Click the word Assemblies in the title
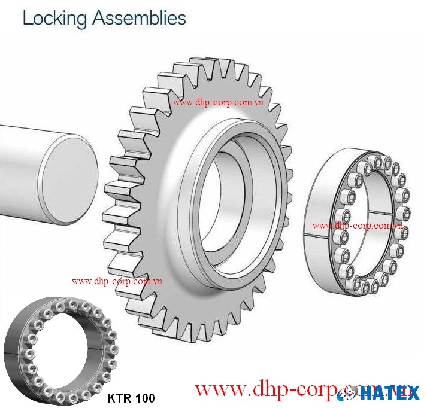[x=138, y=18]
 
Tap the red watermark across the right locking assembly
[x=357, y=226]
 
